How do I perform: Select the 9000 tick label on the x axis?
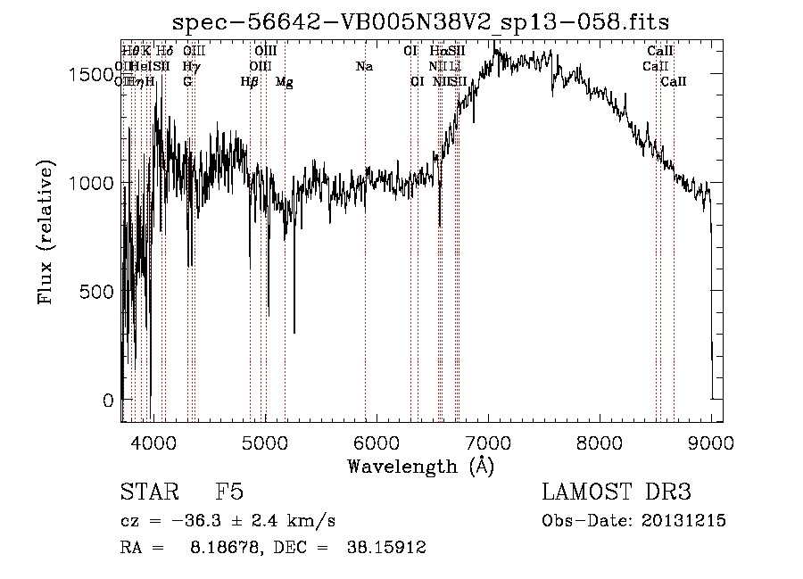coord(711,441)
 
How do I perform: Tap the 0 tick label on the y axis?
coord(108,401)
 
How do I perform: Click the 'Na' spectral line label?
coord(364,67)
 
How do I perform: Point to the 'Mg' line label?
coord(284,82)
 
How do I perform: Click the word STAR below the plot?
coord(148,493)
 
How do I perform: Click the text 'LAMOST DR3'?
coord(616,493)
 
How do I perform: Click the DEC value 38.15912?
coord(385,548)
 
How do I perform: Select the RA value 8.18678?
coord(219,548)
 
